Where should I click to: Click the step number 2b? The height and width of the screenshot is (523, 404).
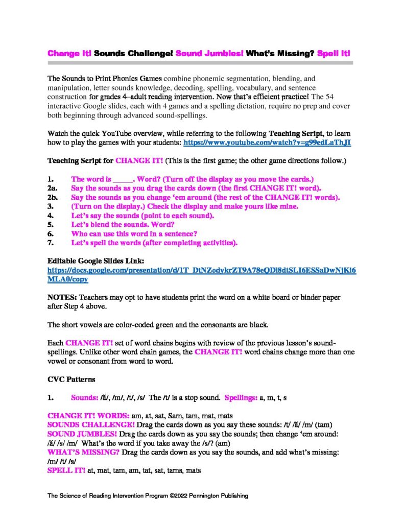coord(53,198)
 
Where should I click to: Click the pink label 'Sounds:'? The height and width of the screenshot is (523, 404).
coord(88,396)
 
